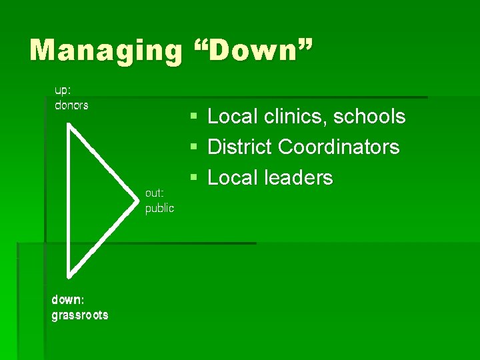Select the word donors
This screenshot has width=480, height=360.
[x=71, y=105]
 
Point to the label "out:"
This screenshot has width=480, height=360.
[x=155, y=193]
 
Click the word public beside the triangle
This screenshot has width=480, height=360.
[x=159, y=208]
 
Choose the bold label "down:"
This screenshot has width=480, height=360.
[x=68, y=299]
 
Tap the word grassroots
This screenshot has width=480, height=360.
[x=80, y=315]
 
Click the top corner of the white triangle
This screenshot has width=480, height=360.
[x=69, y=124]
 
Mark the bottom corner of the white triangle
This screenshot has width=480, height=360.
[x=68, y=275]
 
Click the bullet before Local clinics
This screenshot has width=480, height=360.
[x=193, y=117]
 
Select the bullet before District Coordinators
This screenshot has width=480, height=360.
[x=193, y=147]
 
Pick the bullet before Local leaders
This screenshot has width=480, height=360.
[x=193, y=178]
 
